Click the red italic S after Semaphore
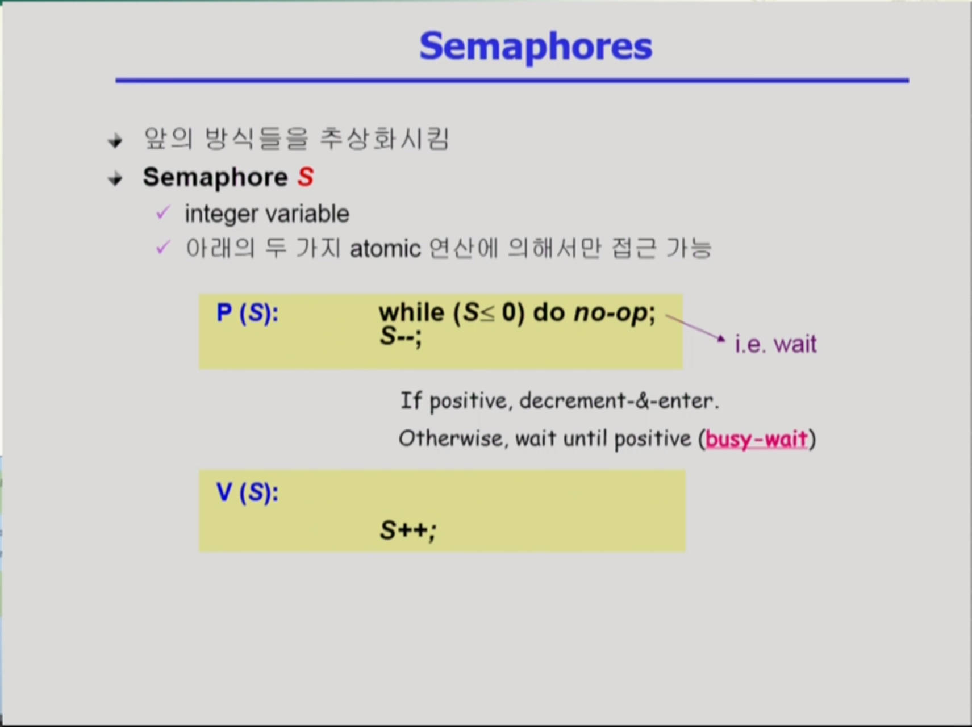(x=306, y=177)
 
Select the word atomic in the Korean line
(x=385, y=249)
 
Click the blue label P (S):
(x=248, y=313)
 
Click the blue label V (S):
(x=248, y=492)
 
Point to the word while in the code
(x=412, y=312)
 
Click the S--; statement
(x=401, y=336)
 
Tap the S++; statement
(x=408, y=530)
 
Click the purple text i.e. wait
(x=775, y=344)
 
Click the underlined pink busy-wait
(x=756, y=439)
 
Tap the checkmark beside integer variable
(x=163, y=213)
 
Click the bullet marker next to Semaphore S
(x=115, y=179)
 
